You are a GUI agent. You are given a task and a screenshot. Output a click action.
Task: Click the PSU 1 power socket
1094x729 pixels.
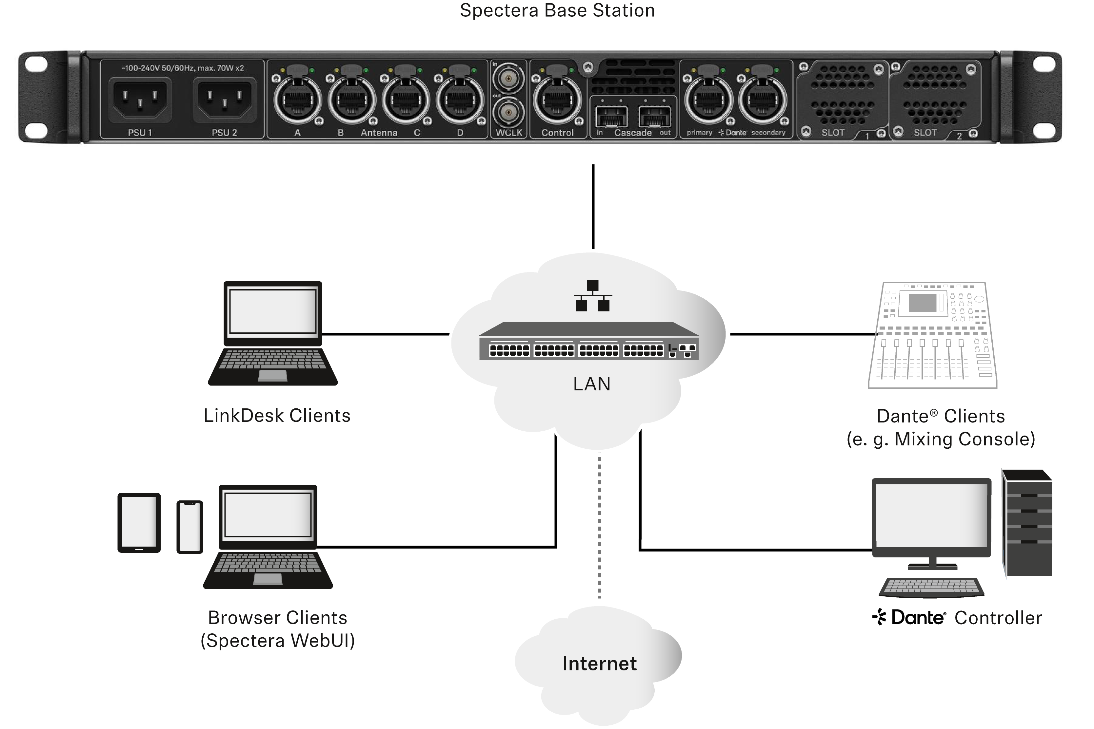click(x=140, y=100)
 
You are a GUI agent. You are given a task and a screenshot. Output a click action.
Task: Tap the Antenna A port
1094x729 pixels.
click(x=297, y=100)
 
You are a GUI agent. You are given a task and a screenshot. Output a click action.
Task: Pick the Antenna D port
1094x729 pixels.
click(x=460, y=100)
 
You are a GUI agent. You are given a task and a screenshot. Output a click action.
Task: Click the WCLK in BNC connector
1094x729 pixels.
click(x=508, y=79)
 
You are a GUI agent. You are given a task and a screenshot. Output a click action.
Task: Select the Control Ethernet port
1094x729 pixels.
click(x=557, y=100)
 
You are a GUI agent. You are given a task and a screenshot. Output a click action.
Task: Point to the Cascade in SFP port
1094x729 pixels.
click(x=611, y=116)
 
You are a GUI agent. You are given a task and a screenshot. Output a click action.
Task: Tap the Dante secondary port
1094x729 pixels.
click(x=762, y=100)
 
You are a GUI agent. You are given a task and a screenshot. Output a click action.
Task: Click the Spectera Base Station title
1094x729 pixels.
click(x=557, y=10)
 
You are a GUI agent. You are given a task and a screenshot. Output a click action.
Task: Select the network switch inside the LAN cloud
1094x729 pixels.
click(x=589, y=342)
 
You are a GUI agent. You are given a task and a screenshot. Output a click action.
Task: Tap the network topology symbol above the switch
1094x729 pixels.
click(x=592, y=296)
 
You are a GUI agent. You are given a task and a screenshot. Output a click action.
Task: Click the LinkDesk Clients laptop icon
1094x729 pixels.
click(x=273, y=333)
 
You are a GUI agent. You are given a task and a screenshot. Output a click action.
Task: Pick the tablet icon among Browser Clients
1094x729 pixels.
click(x=139, y=523)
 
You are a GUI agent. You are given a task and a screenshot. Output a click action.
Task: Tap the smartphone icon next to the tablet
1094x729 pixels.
click(x=190, y=527)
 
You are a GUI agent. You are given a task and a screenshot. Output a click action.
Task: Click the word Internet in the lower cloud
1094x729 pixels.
click(x=599, y=664)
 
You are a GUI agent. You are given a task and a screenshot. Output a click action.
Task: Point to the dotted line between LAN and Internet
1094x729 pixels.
click(x=599, y=525)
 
